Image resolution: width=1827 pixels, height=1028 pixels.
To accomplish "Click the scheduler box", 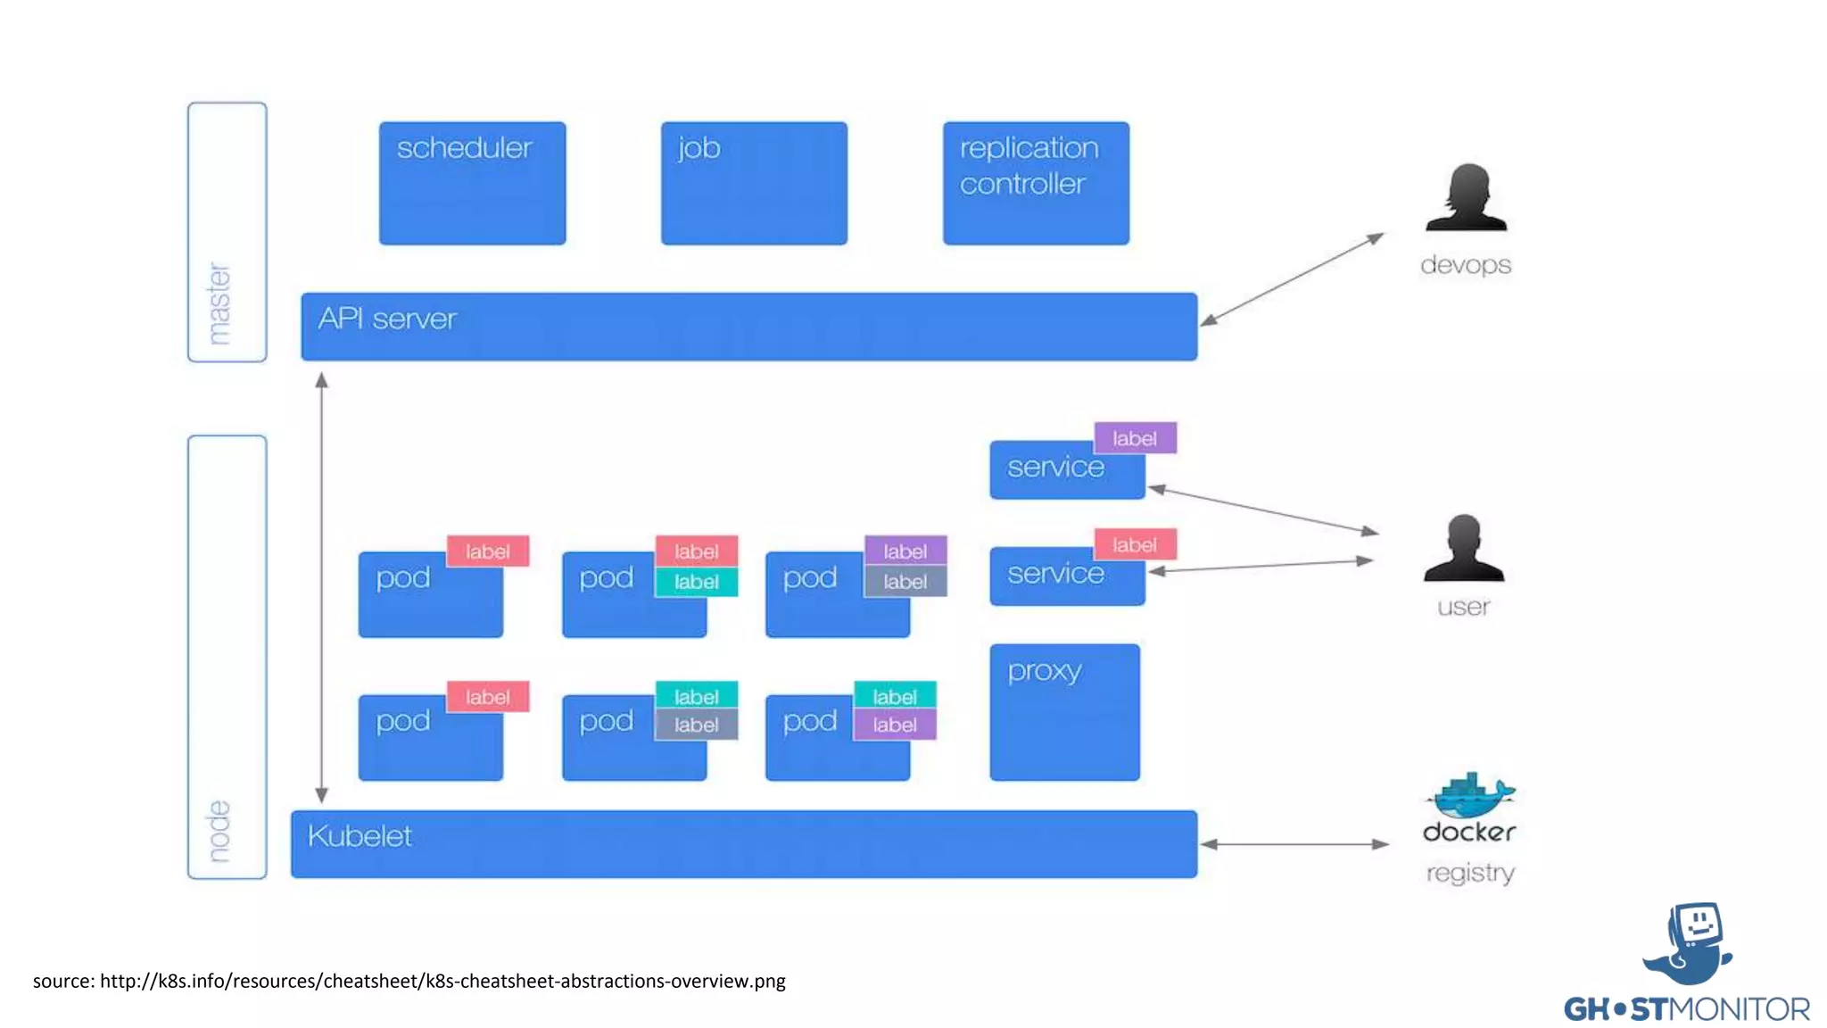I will (472, 183).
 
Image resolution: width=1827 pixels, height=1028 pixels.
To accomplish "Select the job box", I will (754, 183).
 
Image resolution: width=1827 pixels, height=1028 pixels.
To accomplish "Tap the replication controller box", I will (1036, 183).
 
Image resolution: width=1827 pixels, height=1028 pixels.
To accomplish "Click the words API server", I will (387, 319).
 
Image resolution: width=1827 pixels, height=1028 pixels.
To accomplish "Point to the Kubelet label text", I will (360, 836).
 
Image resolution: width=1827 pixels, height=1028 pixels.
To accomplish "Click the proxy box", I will (1064, 712).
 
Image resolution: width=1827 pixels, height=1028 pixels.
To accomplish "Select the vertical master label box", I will (227, 232).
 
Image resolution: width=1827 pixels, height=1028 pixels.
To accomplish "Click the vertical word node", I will (219, 832).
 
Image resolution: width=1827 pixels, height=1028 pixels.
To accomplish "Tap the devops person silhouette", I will (1466, 198).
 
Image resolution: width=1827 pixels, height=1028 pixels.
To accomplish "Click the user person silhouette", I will (1464, 548).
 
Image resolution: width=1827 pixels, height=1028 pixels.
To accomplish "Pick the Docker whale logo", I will (1470, 796).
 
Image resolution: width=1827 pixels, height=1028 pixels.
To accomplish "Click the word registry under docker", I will (1470, 872).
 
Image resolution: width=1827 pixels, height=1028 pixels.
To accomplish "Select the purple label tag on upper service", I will (1135, 438).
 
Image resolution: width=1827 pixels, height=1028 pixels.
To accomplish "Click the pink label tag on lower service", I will (1135, 544).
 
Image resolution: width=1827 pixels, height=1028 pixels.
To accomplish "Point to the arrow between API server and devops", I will (1292, 278).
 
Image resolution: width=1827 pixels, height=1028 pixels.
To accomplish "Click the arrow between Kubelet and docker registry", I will (1294, 843).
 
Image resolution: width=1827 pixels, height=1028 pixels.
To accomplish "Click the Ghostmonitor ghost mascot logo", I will (1689, 943).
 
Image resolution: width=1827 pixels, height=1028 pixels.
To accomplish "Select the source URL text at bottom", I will (409, 981).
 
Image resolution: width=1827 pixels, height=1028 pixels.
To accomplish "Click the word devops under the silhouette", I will (1466, 265).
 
